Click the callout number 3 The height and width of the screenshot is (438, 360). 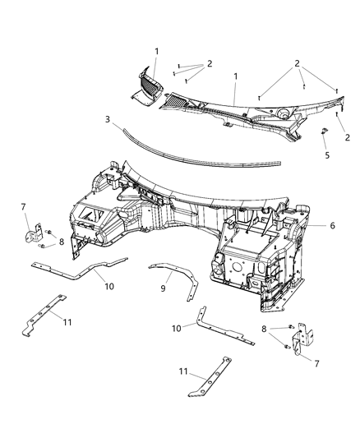pos(107,120)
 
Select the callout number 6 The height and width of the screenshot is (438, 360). pos(308,223)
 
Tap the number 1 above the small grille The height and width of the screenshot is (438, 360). pos(157,51)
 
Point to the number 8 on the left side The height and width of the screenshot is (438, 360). pos(61,242)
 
